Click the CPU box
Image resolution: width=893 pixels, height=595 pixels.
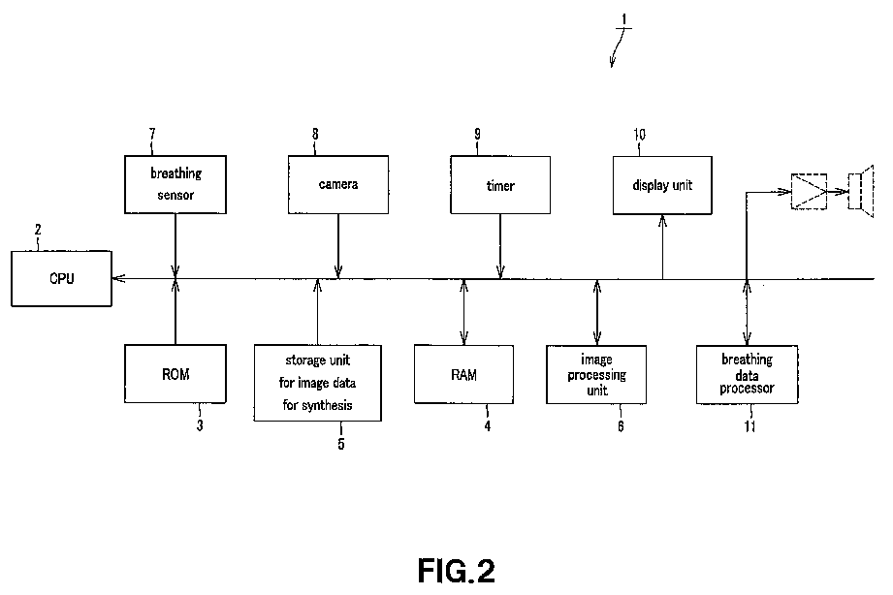click(61, 278)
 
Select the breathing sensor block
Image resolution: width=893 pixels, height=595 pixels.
click(175, 184)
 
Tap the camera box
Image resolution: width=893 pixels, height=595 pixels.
click(338, 184)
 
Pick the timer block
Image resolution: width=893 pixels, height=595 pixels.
click(500, 185)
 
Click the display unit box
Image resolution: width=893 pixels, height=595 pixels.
click(662, 185)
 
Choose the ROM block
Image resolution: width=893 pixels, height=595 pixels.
click(175, 373)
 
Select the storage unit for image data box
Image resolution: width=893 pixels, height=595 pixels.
click(318, 383)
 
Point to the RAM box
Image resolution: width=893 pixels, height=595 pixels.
click(463, 374)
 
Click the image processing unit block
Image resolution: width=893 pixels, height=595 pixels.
click(596, 374)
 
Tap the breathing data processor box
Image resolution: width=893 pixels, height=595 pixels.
click(748, 374)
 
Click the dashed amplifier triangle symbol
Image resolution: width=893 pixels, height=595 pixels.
click(809, 191)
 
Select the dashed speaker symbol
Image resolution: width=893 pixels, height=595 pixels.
click(861, 191)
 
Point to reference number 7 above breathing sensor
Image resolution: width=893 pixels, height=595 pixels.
click(152, 134)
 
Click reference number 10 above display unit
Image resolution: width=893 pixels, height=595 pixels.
click(640, 135)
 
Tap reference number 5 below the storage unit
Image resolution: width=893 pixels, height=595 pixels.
click(341, 444)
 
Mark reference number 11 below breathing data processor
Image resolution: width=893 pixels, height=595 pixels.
click(750, 425)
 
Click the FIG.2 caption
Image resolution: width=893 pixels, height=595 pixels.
click(456, 571)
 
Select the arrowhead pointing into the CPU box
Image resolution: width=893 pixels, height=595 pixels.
click(118, 278)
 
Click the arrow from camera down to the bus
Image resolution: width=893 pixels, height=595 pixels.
click(338, 246)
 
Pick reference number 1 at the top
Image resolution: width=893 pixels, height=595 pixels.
click(624, 20)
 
